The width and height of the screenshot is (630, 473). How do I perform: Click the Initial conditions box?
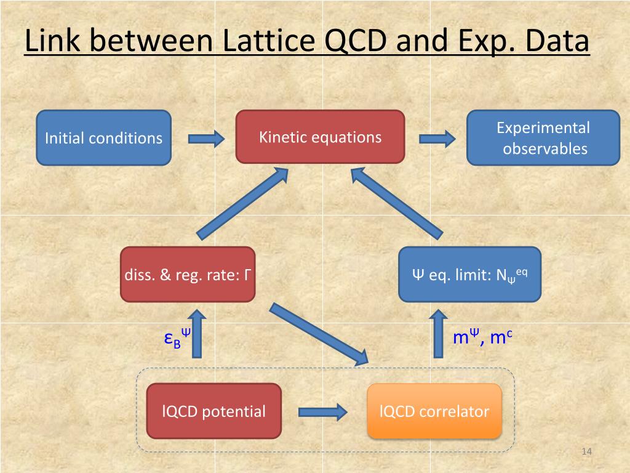point(103,137)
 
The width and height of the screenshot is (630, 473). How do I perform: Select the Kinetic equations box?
point(320,137)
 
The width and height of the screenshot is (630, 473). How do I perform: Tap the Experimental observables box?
point(543,138)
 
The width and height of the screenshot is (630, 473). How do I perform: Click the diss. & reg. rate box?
point(188,275)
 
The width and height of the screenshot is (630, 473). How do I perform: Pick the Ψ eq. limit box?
point(469,275)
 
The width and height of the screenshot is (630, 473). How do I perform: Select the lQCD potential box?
point(213,411)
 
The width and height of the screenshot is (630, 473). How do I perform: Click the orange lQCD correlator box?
point(434,411)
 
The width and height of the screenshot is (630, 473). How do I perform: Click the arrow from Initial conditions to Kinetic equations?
point(206,139)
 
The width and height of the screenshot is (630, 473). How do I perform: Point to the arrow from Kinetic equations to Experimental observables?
point(437,139)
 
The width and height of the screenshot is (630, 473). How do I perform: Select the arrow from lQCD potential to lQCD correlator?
point(322,412)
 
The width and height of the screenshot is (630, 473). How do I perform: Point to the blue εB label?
point(177,338)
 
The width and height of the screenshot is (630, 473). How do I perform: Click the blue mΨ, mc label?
point(482,337)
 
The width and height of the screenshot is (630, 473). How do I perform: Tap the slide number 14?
point(586,453)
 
